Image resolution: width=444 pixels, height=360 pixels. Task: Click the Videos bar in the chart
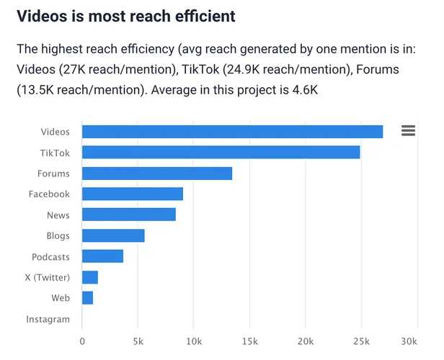point(232,131)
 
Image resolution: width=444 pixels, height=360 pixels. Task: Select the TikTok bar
point(221,152)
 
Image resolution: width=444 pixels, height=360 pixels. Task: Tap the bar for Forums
point(157,173)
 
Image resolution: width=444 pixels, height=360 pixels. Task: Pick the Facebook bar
point(133,194)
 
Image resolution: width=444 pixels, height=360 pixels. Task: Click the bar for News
point(129,215)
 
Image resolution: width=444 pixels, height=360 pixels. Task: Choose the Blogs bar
point(113,235)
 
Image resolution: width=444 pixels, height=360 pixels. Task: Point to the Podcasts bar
point(102,256)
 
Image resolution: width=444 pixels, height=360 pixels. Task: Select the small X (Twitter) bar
point(90,277)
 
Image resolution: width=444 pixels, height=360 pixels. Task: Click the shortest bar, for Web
point(87,298)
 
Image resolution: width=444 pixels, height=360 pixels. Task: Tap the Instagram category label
point(48,319)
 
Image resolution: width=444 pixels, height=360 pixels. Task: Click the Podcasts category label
point(50,256)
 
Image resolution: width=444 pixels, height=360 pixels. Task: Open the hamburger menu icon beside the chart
point(408,130)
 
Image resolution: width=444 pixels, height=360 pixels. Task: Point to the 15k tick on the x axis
point(249,341)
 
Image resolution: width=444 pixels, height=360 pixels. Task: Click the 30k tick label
point(409,341)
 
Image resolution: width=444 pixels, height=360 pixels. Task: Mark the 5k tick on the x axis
point(138,341)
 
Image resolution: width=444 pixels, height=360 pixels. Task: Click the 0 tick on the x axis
point(82,341)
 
